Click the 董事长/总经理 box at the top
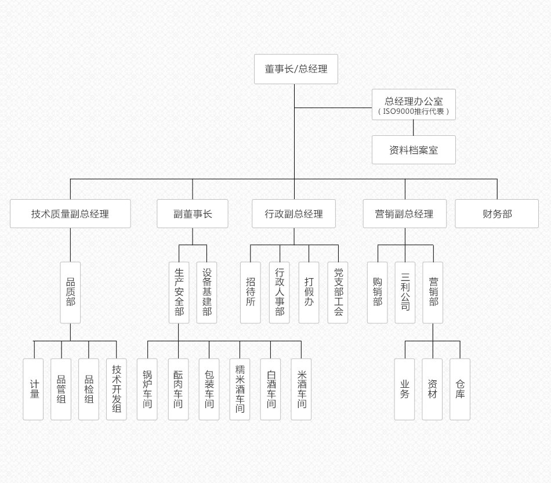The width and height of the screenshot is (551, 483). pyautogui.click(x=296, y=69)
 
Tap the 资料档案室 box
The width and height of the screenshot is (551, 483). pyautogui.click(x=414, y=150)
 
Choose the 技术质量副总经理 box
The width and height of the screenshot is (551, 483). pyautogui.click(x=70, y=214)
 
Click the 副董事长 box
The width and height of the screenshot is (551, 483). pyautogui.click(x=193, y=214)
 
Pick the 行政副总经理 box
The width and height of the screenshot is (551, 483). pyautogui.click(x=294, y=214)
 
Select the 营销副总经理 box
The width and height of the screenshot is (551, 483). pyautogui.click(x=405, y=214)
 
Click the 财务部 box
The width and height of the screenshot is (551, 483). pyautogui.click(x=497, y=214)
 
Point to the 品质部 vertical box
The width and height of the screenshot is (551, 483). pyautogui.click(x=70, y=293)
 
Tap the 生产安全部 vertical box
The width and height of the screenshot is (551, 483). pyautogui.click(x=179, y=293)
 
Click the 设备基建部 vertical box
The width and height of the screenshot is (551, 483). pyautogui.click(x=207, y=293)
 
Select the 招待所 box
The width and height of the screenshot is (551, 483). pyautogui.click(x=251, y=293)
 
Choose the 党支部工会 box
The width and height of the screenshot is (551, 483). pyautogui.click(x=338, y=293)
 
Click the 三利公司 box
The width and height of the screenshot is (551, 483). pyautogui.click(x=405, y=293)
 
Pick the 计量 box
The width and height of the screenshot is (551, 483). pyautogui.click(x=33, y=389)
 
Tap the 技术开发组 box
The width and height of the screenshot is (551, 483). pyautogui.click(x=117, y=389)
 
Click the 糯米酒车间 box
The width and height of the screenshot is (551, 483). pyautogui.click(x=240, y=389)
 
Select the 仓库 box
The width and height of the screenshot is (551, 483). pyautogui.click(x=460, y=389)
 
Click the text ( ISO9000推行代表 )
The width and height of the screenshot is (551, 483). pyautogui.click(x=414, y=111)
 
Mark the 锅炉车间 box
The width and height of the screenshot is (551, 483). pyautogui.click(x=147, y=389)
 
